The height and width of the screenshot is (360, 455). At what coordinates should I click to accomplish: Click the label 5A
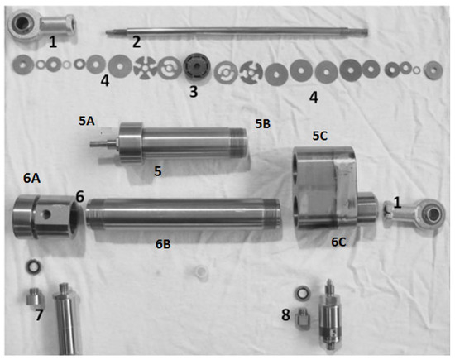click(87, 121)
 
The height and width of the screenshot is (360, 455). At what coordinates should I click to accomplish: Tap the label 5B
click(262, 124)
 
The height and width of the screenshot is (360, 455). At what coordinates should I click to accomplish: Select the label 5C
click(320, 136)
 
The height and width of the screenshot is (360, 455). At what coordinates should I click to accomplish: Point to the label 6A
click(31, 178)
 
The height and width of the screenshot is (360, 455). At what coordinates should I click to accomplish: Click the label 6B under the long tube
click(163, 244)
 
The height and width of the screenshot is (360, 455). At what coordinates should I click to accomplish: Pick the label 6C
click(338, 242)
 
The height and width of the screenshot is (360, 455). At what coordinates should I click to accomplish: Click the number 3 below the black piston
click(194, 92)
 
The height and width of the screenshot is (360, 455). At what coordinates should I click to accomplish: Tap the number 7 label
click(39, 314)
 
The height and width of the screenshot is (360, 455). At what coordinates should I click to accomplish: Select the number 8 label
click(286, 314)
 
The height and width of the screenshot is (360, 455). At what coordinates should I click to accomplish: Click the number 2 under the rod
click(136, 42)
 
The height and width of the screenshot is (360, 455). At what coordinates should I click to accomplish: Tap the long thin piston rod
click(237, 31)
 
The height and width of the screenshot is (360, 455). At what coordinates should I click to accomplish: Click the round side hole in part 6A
click(46, 215)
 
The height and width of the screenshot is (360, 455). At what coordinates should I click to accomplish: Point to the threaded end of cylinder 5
click(240, 143)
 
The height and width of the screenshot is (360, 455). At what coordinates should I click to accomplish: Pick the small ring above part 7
click(33, 266)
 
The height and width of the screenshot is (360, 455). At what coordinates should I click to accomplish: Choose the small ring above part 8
click(304, 293)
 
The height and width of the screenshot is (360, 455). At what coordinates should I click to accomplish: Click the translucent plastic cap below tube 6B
click(202, 273)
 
